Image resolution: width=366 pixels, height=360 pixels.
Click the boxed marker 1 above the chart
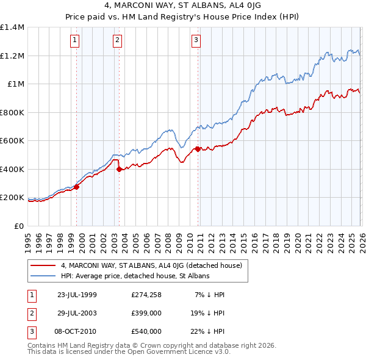click(x=74, y=41)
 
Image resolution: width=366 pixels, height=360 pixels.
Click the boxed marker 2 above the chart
click(x=117, y=41)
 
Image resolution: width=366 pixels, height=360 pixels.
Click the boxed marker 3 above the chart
click(x=196, y=41)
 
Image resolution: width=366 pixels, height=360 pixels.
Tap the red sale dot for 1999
click(x=77, y=187)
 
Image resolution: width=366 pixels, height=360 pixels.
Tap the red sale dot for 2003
click(x=120, y=170)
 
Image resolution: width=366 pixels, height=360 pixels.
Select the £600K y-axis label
click(x=12, y=141)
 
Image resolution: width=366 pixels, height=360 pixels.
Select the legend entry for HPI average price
click(x=135, y=276)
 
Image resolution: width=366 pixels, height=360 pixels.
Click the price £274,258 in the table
click(x=146, y=295)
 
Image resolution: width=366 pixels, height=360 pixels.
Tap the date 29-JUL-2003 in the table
click(x=76, y=313)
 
